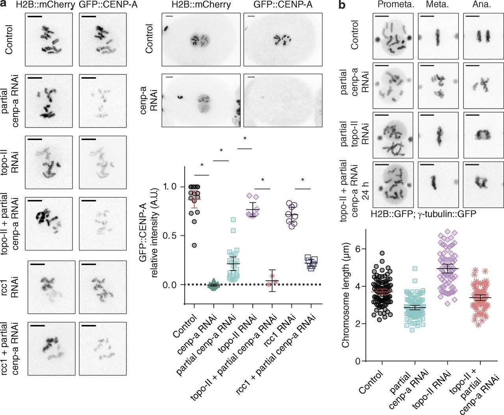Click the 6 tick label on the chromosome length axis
tap(358, 249)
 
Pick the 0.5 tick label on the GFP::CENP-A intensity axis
tap(171, 235)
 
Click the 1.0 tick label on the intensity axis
tap(171, 187)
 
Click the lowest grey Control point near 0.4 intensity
tap(194, 245)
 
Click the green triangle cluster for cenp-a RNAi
tap(213, 285)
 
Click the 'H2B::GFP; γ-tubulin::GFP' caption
tap(414, 213)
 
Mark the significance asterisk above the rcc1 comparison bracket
tap(302, 180)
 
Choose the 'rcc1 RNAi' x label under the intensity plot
tap(283, 326)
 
